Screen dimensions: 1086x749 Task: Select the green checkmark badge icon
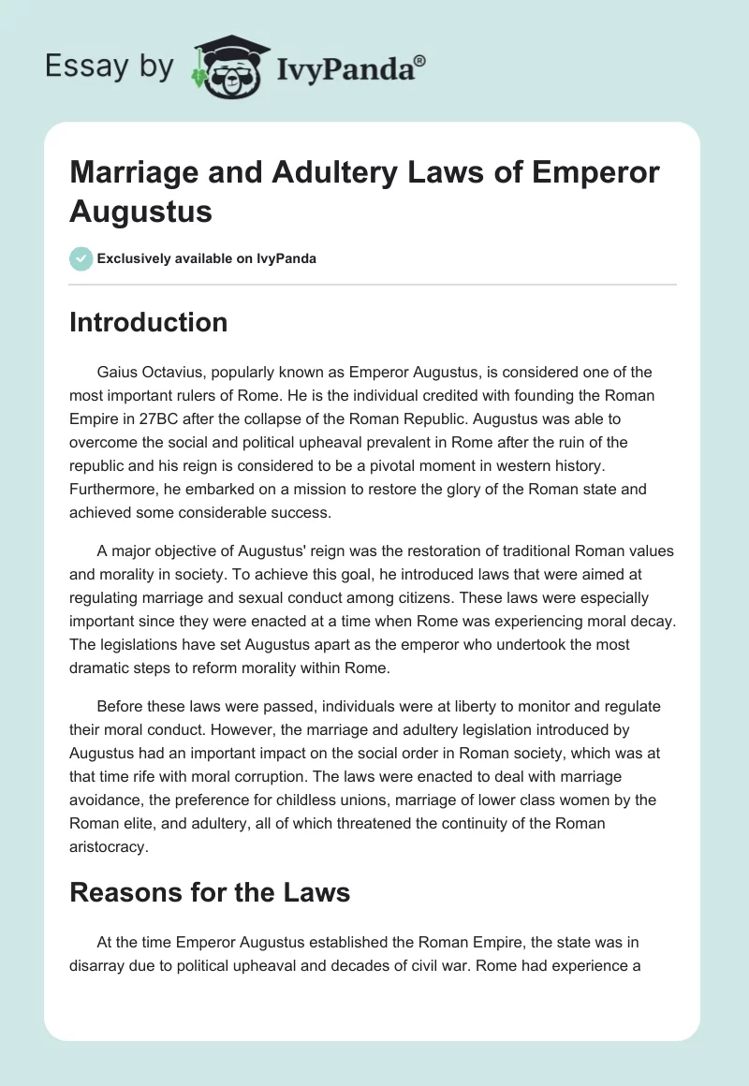[81, 258]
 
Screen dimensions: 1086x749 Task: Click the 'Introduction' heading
[148, 323]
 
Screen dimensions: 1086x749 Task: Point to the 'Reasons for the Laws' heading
[210, 892]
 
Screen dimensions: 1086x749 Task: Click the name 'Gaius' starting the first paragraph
[117, 372]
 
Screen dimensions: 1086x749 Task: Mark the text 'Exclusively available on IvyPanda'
[208, 258]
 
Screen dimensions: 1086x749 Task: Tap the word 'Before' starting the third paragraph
[119, 705]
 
